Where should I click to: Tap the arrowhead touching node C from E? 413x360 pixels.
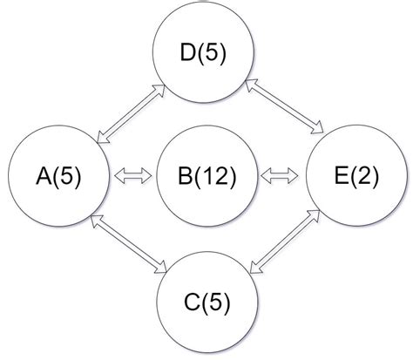[x=252, y=269]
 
